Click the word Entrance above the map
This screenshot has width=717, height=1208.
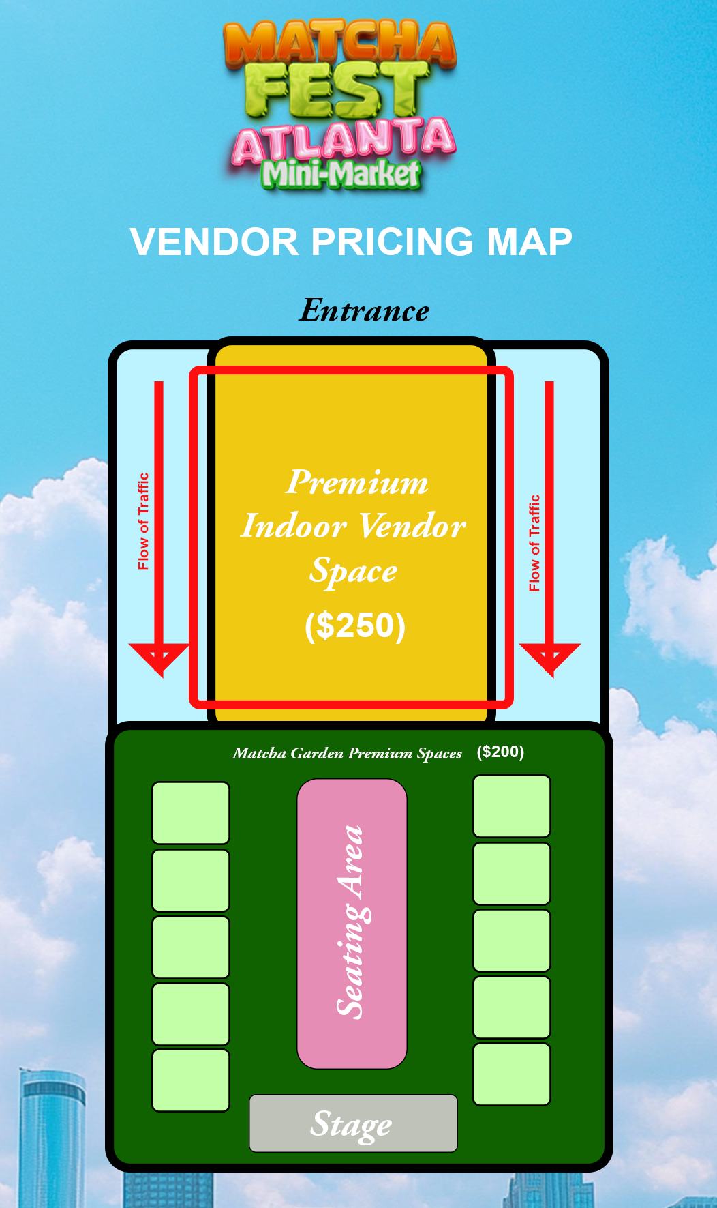[x=365, y=311]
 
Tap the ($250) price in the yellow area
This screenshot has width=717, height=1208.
[x=355, y=625]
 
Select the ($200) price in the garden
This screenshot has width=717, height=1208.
[x=500, y=752]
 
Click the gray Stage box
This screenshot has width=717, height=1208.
[x=353, y=1123]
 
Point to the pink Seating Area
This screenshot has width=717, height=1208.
[x=352, y=923]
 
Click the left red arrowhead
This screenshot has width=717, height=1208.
[x=159, y=656]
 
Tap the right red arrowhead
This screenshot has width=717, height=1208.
[x=549, y=656]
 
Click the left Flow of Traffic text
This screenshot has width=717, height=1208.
[x=143, y=521]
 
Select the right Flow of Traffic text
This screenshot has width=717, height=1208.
[x=534, y=543]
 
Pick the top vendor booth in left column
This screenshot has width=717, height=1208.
[x=191, y=812]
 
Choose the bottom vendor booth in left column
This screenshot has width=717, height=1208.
[x=191, y=1080]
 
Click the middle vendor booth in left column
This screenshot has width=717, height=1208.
[x=191, y=947]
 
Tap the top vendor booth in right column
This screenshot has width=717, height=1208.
[x=512, y=806]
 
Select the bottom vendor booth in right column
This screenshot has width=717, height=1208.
[x=512, y=1074]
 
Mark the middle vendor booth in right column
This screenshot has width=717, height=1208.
[x=512, y=940]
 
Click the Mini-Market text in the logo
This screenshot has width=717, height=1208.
[x=341, y=175]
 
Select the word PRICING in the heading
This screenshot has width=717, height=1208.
[x=392, y=242]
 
